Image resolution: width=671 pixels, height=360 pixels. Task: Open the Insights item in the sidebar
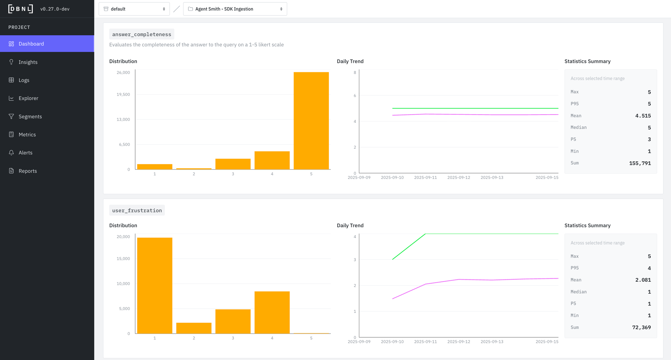click(x=28, y=62)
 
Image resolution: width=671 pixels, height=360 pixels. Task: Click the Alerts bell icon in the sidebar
click(x=11, y=153)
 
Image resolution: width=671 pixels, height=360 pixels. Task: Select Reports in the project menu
click(x=28, y=171)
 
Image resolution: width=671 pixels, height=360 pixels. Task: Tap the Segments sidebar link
click(x=30, y=117)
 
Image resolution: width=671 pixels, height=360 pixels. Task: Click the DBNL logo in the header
click(x=20, y=9)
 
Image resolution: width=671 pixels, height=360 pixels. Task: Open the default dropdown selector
click(x=134, y=9)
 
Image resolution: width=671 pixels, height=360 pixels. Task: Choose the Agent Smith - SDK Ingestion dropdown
click(x=235, y=9)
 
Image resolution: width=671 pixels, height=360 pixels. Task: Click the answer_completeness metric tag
click(x=142, y=34)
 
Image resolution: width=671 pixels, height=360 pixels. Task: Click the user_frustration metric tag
click(x=137, y=210)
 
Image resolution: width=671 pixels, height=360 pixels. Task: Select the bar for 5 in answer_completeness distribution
click(x=311, y=121)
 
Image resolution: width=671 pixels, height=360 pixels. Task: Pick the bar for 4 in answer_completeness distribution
click(x=272, y=160)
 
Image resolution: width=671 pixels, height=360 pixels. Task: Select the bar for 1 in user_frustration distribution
click(x=155, y=285)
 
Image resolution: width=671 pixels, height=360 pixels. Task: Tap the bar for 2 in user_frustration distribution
click(x=194, y=328)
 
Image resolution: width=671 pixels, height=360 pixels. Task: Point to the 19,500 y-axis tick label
click(x=123, y=94)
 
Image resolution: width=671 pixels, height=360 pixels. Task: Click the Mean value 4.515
click(x=643, y=116)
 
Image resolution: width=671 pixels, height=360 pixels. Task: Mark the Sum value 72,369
click(x=641, y=327)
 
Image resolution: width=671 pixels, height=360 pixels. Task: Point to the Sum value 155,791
click(x=640, y=163)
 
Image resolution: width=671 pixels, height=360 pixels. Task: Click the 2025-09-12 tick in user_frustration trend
click(x=459, y=342)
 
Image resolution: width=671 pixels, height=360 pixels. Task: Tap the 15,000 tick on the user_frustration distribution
click(x=123, y=259)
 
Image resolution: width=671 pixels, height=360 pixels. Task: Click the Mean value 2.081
click(x=643, y=280)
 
